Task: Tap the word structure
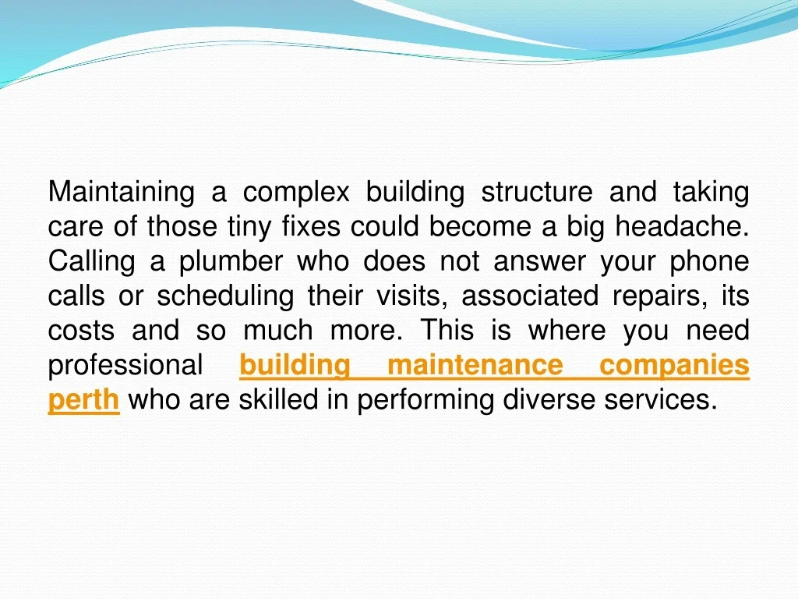click(x=537, y=192)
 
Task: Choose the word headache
click(x=682, y=226)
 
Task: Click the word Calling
click(x=92, y=262)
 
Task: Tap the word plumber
click(x=231, y=262)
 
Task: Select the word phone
click(x=709, y=262)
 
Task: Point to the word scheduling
click(x=225, y=296)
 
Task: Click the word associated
click(x=530, y=296)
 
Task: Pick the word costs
click(x=81, y=331)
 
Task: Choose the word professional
click(x=125, y=366)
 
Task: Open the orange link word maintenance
click(x=475, y=365)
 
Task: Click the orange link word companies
click(x=674, y=366)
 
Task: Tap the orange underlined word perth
click(x=83, y=400)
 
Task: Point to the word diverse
click(x=548, y=399)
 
